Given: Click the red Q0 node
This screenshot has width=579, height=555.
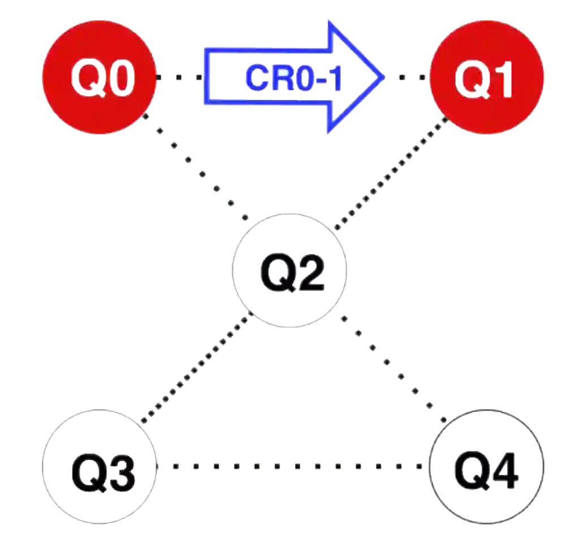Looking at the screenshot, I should (x=100, y=77).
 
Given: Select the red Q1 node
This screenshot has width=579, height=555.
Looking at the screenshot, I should (x=487, y=77).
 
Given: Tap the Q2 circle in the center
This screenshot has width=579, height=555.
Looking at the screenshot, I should (x=289, y=271).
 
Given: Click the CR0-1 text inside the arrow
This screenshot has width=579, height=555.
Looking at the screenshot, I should (x=295, y=78).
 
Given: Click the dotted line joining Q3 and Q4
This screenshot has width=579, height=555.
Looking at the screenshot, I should (x=291, y=466).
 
